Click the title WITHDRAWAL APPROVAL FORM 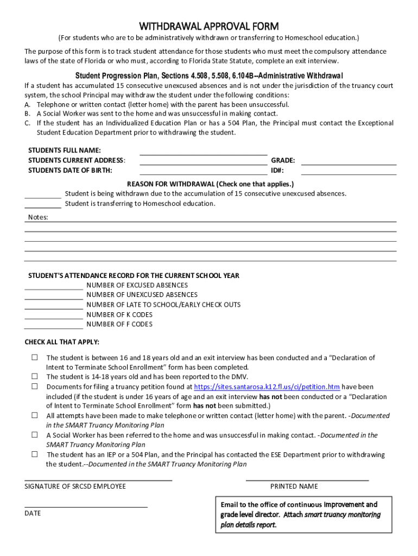(x=209, y=27)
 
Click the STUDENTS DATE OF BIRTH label (x=70, y=170)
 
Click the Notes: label (x=38, y=217)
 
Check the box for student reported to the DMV (x=34, y=376)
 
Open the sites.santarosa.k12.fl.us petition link (x=267, y=387)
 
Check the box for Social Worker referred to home (x=34, y=435)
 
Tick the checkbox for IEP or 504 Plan (x=34, y=454)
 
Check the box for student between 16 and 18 (x=34, y=357)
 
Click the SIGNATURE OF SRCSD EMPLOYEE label (x=75, y=486)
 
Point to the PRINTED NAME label (x=294, y=486)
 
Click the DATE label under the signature (x=33, y=513)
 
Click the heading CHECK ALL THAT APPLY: (x=62, y=342)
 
